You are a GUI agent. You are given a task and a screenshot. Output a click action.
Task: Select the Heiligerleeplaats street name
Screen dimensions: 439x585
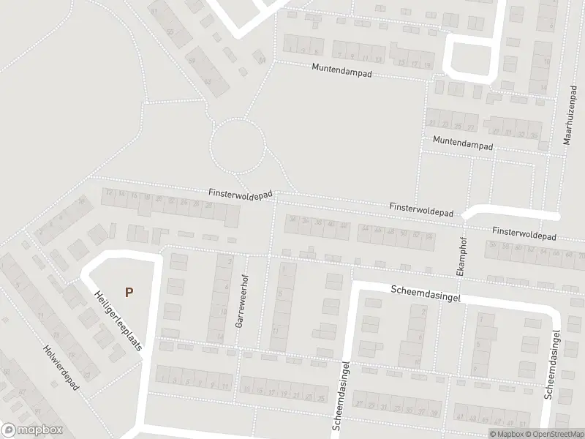pyautogui.click(x=118, y=318)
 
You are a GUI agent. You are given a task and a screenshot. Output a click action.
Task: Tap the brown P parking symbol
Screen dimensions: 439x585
pyautogui.click(x=129, y=292)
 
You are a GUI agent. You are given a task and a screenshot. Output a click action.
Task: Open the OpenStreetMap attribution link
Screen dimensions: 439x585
pyautogui.click(x=554, y=434)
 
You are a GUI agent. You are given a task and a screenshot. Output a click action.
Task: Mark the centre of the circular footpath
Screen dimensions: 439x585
pyautogui.click(x=238, y=144)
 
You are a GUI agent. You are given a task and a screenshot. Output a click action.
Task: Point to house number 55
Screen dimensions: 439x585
pyautogui.click(x=170, y=33)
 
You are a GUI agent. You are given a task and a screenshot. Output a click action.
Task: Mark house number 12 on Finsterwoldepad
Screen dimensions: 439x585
pyautogui.click(x=110, y=192)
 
